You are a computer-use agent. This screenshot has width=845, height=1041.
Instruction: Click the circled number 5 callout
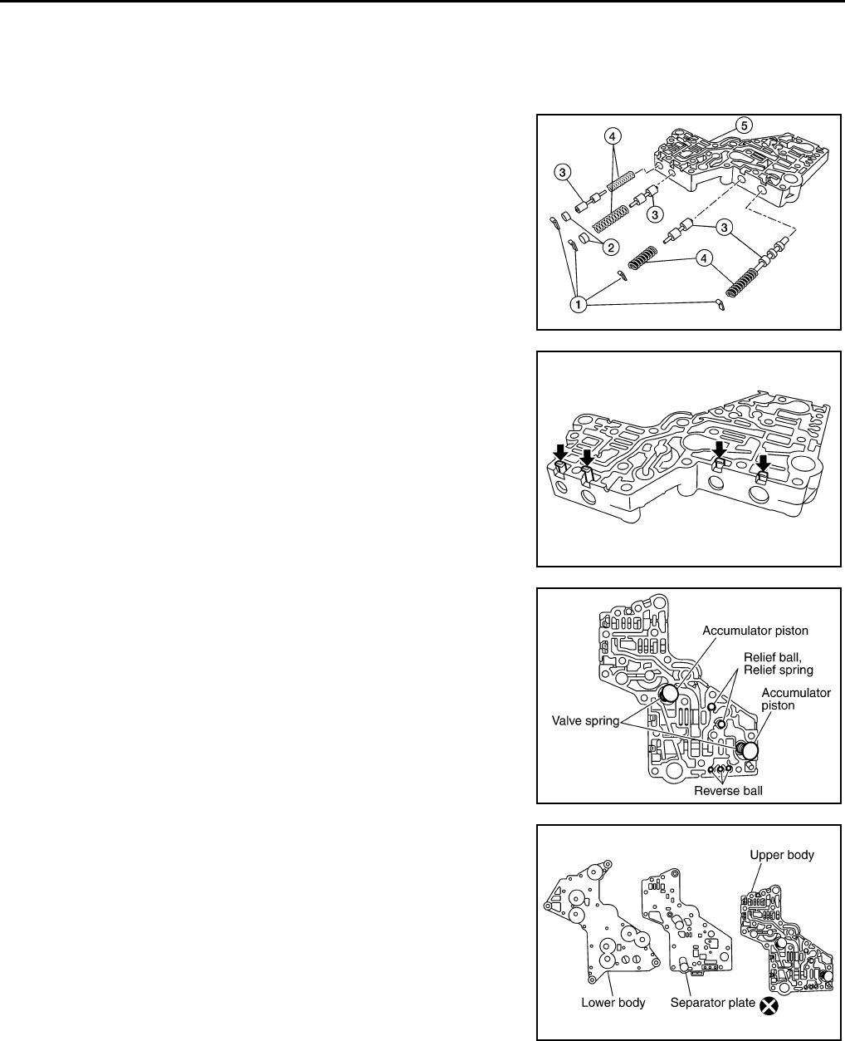(745, 125)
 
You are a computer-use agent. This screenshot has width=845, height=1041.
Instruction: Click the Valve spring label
(585, 720)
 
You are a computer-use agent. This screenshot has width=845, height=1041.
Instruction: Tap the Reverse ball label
(728, 791)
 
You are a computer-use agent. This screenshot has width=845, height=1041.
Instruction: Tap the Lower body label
(613, 1003)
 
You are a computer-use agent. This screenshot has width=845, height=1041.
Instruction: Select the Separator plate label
(711, 1003)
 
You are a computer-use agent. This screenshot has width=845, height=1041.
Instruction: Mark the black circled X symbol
(769, 1006)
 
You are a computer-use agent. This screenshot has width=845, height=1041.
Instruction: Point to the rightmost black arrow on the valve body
(764, 462)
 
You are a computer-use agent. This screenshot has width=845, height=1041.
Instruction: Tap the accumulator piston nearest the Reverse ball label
(750, 751)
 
